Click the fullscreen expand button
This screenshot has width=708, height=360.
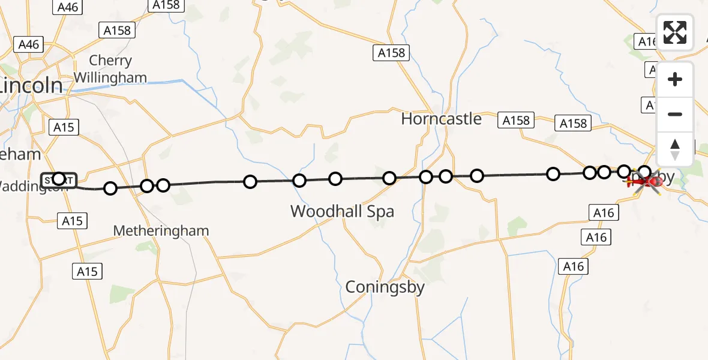(x=675, y=32)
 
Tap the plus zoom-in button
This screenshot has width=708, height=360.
(x=675, y=79)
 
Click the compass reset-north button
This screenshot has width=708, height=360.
(x=675, y=149)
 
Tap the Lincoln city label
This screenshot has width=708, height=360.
(x=31, y=85)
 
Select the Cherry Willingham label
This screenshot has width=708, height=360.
(x=110, y=69)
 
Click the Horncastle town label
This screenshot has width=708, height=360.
(x=441, y=118)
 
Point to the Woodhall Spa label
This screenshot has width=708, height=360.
(x=342, y=211)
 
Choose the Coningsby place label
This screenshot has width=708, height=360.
(x=385, y=287)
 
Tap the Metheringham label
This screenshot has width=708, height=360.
(x=161, y=230)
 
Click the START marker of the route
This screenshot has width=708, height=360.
(x=59, y=179)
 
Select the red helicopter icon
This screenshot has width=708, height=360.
(x=646, y=180)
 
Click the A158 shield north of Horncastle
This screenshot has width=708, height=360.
(x=391, y=53)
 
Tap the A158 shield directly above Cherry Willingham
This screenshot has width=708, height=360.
(x=117, y=30)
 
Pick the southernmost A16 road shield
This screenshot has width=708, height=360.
(x=573, y=266)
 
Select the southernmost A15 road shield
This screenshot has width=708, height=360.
(x=86, y=271)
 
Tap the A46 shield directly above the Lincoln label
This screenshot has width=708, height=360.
(x=29, y=44)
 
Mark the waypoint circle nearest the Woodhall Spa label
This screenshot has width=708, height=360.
(x=335, y=179)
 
